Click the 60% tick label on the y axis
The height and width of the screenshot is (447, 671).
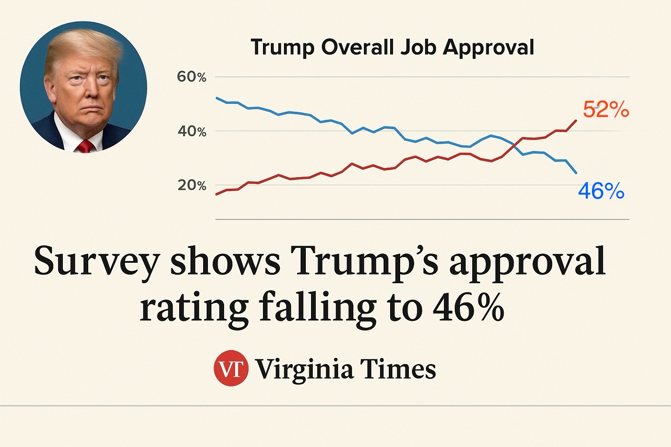coord(191,77)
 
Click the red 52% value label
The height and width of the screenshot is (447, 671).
coord(606,110)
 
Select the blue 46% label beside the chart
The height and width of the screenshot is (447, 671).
coord(601,191)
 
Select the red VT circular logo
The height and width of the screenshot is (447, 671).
coord(231,368)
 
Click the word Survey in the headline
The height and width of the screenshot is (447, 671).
coord(97,262)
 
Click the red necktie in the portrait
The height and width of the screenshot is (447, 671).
coord(85,146)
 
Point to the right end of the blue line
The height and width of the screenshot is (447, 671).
coord(576,173)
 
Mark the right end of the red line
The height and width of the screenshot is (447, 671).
coord(576,120)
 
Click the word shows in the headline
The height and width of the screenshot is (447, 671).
coord(225,261)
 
